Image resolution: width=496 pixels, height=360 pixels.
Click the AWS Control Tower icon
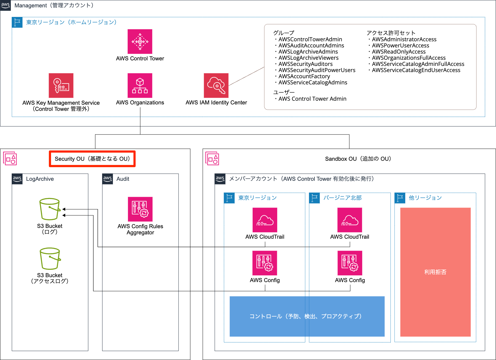pos(140,42)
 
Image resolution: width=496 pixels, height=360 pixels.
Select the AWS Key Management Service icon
pos(61,85)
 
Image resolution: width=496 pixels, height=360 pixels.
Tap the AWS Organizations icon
pos(140,85)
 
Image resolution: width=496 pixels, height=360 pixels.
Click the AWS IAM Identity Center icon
pos(216,85)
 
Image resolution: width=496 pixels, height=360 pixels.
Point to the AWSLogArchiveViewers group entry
pos(308,58)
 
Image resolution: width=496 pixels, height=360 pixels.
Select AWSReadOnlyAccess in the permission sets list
pos(398,52)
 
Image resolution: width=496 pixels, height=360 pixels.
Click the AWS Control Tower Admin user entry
pos(312,99)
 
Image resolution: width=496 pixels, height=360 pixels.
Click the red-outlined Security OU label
pos(92,159)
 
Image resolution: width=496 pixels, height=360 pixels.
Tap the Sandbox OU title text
pos(358,159)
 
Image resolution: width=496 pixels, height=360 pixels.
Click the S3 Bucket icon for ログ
pos(50,209)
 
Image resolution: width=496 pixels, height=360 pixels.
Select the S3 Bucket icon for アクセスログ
pos(50,258)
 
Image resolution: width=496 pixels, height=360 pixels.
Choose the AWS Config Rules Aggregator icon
pos(140,209)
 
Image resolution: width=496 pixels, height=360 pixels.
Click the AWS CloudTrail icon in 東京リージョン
pos(265,220)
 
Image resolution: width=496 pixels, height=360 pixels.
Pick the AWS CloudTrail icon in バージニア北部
pos(350,220)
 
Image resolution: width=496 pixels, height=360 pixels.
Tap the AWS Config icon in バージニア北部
pos(350,263)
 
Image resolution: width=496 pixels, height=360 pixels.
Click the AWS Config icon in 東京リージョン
pos(265,263)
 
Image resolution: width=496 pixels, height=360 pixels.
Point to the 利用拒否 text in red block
pos(435,272)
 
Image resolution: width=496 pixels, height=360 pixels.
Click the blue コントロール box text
pos(305,316)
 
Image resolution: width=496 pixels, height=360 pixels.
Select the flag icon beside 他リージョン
pos(400,198)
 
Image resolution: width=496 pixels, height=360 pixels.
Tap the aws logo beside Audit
pos(108,179)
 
